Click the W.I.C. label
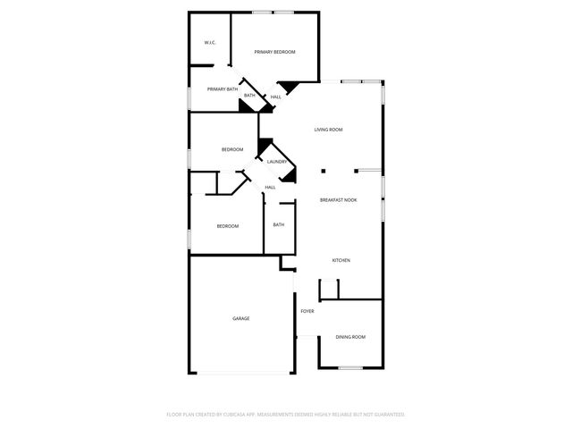(209, 42)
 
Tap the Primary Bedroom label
(274, 52)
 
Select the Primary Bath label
(223, 89)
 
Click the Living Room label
(328, 130)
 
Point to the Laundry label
(277, 162)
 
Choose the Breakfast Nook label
(338, 199)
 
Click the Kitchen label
(341, 260)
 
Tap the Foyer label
(307, 311)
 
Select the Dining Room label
(350, 337)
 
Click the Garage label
(241, 318)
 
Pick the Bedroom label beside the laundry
(232, 149)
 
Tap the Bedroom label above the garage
(228, 226)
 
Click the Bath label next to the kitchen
(278, 224)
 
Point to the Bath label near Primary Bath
(250, 96)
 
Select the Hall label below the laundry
(269, 187)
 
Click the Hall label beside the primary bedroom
(276, 97)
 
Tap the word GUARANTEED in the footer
(386, 415)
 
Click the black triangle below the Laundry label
(288, 176)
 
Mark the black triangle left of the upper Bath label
(243, 105)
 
